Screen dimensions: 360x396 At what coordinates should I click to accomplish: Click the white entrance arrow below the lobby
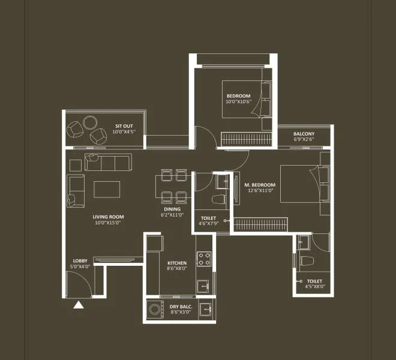coord(78,305)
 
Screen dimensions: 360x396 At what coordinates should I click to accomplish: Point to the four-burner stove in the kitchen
coord(204,258)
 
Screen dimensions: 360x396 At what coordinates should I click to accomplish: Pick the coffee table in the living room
coord(107,189)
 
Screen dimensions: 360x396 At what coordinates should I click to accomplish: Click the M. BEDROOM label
coord(259,185)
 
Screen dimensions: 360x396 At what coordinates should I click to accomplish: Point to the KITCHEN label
coord(177,263)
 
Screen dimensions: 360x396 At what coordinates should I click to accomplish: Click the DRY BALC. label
coord(181,307)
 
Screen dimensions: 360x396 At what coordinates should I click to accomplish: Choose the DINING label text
coord(172,209)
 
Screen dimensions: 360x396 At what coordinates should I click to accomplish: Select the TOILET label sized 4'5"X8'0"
coord(314,281)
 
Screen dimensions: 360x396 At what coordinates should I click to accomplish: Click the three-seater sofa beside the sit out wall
coord(109,162)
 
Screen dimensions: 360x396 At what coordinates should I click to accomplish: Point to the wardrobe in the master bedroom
coord(261,224)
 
